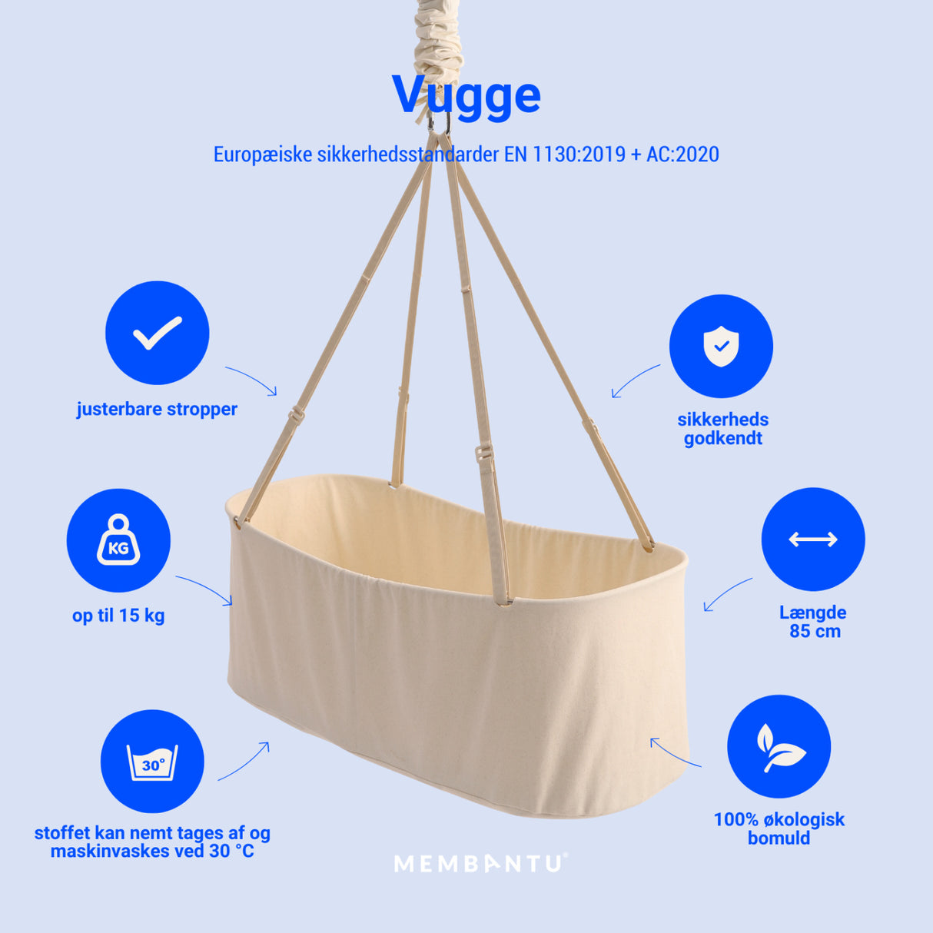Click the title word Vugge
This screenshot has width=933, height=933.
(x=466, y=95)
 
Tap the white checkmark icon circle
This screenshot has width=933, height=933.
(x=157, y=333)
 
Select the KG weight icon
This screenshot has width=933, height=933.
(x=118, y=540)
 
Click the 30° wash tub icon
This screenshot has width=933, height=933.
(x=152, y=761)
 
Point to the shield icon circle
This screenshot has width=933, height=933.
(x=721, y=346)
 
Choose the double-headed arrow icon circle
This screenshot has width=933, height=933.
(x=813, y=540)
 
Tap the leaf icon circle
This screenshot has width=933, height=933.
(x=779, y=746)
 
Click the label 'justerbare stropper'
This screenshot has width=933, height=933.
(x=157, y=409)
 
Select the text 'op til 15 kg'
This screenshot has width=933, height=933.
(x=118, y=616)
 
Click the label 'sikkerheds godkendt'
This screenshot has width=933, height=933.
(x=722, y=429)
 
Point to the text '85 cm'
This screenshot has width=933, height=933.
(x=815, y=632)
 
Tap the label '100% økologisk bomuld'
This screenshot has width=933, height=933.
(x=779, y=828)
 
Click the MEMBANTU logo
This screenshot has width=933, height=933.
(x=480, y=863)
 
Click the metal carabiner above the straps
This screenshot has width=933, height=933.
(x=438, y=125)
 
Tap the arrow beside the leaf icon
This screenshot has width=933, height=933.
(x=675, y=753)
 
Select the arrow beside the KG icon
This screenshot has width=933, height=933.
(x=204, y=589)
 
